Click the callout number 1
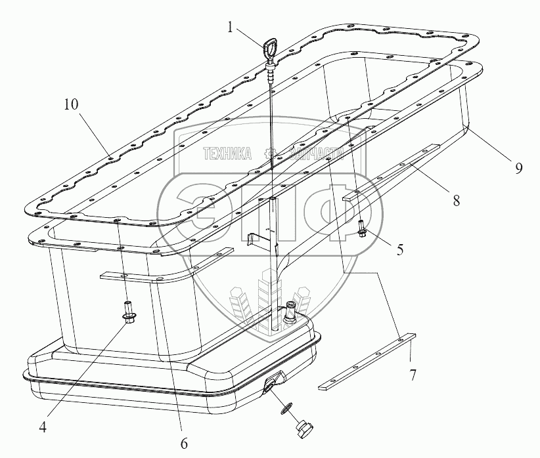(x=230, y=28)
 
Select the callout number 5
(x=399, y=250)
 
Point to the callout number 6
(x=183, y=442)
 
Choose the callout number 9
(x=518, y=168)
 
